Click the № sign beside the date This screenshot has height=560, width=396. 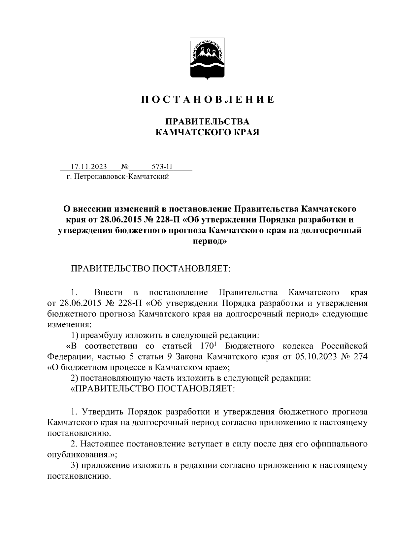tap(125, 167)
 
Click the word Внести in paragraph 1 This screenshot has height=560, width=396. tap(108, 292)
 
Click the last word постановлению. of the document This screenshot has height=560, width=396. tap(79, 476)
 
